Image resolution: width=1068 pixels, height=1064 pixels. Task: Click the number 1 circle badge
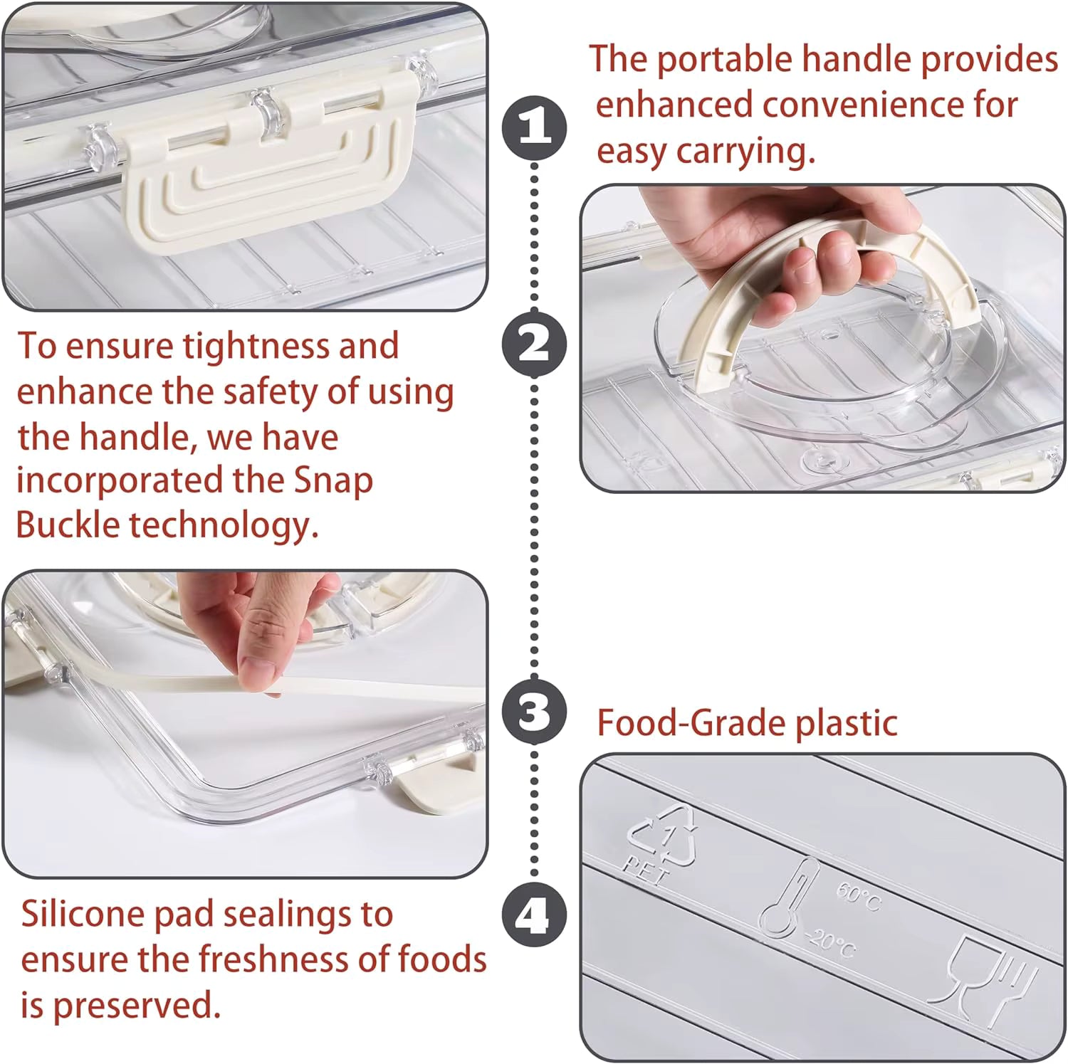pyautogui.click(x=535, y=128)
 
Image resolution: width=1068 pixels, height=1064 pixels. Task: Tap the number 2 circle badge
pyautogui.click(x=535, y=344)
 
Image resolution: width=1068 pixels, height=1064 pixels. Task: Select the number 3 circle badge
pyautogui.click(x=535, y=712)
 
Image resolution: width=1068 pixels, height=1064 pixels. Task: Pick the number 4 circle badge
pyautogui.click(x=535, y=915)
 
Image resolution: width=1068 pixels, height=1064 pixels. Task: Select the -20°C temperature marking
pyautogui.click(x=829, y=943)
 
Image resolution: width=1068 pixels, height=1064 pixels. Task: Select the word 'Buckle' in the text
pyautogui.click(x=68, y=525)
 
